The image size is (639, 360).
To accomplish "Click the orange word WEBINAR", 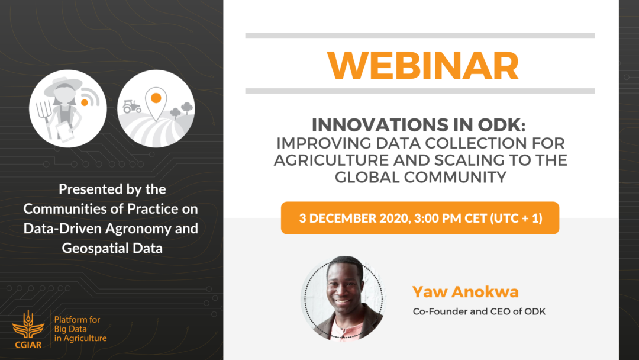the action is (422, 65).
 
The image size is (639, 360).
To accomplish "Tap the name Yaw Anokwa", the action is (466, 292).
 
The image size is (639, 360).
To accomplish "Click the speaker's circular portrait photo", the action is (343, 298).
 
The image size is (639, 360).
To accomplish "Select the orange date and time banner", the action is (419, 218).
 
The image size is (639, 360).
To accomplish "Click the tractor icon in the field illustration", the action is (132, 107).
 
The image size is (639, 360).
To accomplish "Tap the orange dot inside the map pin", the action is (156, 98).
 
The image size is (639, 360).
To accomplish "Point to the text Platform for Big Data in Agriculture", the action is (80, 329).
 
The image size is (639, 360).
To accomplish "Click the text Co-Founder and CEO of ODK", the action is (479, 311).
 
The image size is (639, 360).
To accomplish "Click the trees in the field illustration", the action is (182, 110).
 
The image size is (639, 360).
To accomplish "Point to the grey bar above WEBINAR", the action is (419, 36).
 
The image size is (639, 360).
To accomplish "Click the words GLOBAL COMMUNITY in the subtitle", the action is (420, 178).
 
